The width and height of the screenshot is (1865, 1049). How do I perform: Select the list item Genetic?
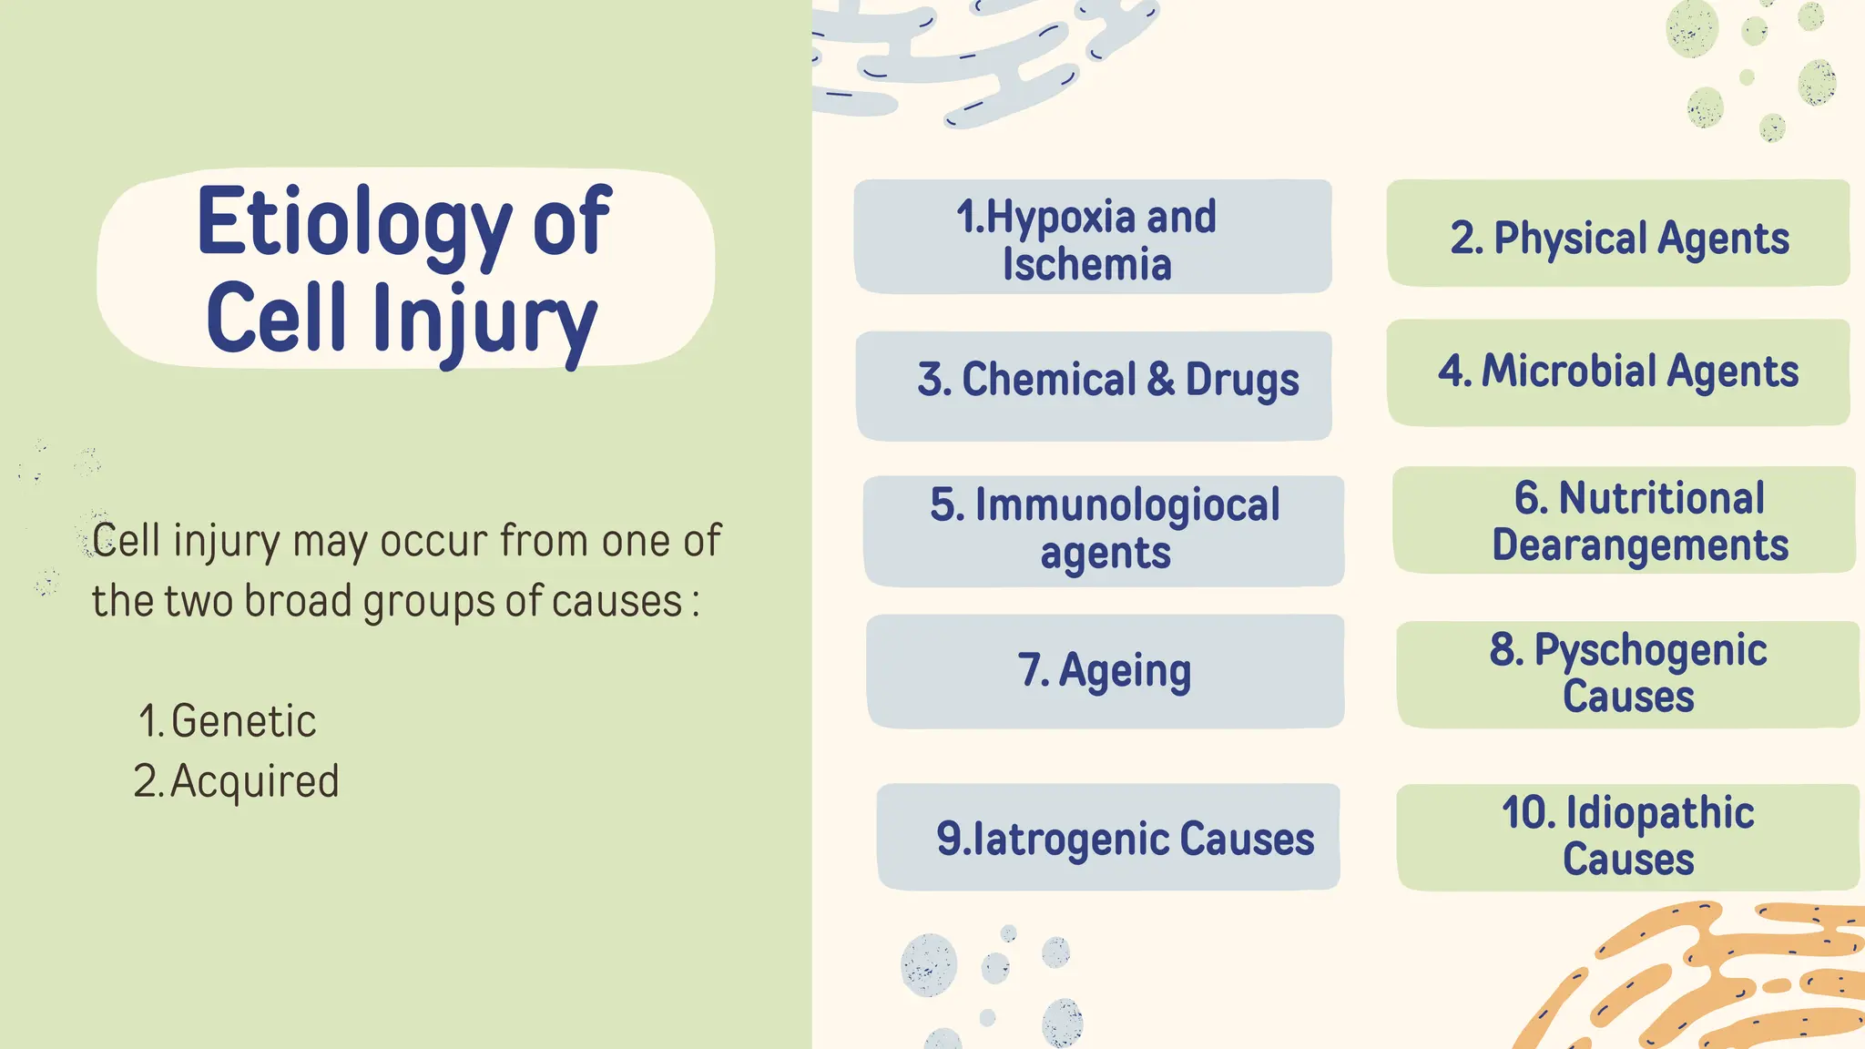click(243, 721)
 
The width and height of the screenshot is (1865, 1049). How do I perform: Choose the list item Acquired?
click(254, 781)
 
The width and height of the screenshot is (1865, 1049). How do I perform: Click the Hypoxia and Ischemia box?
click(1093, 237)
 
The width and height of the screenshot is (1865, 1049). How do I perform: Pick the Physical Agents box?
click(1618, 234)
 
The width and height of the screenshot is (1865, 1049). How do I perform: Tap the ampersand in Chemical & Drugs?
click(1160, 380)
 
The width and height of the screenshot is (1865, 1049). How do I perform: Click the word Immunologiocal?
click(1127, 505)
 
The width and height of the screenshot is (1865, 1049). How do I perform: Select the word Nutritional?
click(1661, 499)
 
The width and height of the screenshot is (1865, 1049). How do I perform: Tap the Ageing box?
click(1105, 671)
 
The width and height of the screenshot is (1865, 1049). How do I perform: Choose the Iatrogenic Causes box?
click(1108, 837)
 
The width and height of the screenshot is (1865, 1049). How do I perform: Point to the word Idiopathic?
click(1659, 813)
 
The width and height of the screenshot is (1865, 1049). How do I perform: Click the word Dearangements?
click(1639, 545)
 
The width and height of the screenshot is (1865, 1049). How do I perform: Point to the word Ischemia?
click(1086, 265)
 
